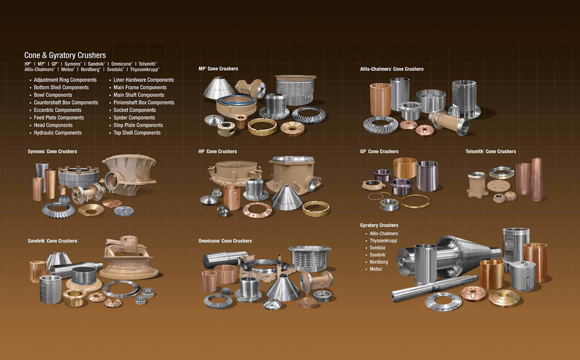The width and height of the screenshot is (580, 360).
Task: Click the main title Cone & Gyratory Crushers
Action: [65, 55]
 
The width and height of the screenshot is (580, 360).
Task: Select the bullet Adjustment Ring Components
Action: [65, 80]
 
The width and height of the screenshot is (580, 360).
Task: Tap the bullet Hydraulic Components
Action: [58, 133]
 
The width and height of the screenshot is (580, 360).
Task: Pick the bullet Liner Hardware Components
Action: [143, 80]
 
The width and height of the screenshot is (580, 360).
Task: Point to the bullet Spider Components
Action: [134, 118]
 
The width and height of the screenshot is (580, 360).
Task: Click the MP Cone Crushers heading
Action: [218, 69]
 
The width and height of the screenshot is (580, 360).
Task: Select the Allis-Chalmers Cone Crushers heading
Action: [392, 69]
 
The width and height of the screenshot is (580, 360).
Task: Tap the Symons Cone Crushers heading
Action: [52, 152]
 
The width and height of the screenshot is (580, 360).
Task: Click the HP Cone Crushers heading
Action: [218, 152]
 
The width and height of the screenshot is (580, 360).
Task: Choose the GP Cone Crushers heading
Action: [379, 152]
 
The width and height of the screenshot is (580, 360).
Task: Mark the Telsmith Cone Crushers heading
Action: [491, 152]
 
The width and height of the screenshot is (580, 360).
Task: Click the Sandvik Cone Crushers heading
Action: [52, 241]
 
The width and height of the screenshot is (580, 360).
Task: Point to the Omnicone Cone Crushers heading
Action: [225, 241]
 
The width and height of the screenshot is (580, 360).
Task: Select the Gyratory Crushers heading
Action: [379, 225]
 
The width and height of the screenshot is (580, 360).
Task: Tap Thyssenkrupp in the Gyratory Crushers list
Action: [383, 241]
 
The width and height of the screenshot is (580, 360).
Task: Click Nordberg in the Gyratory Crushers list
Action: [379, 262]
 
